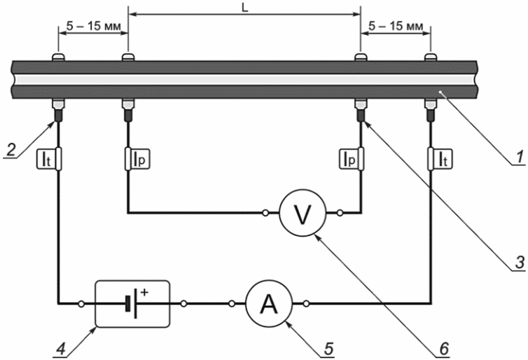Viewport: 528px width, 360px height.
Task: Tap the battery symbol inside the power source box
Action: (132, 304)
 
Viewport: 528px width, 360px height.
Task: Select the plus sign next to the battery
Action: (144, 292)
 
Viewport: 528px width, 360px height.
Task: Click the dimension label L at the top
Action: (245, 8)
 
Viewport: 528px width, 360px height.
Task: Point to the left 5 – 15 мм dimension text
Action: (93, 27)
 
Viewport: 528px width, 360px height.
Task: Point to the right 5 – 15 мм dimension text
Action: (396, 27)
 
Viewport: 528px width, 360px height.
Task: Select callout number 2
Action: (11, 149)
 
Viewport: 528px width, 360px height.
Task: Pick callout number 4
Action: (61, 349)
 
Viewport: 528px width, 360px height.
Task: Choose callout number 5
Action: (328, 349)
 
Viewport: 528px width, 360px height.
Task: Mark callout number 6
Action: (444, 349)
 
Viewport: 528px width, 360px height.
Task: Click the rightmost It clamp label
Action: (443, 160)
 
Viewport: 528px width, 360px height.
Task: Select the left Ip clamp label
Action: (141, 160)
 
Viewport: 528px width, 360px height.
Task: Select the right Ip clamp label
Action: (348, 160)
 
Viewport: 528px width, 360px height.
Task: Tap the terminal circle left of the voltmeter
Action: (265, 213)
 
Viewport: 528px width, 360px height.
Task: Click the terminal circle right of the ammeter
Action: (306, 304)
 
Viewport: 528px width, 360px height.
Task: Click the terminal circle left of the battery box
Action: (81, 304)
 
